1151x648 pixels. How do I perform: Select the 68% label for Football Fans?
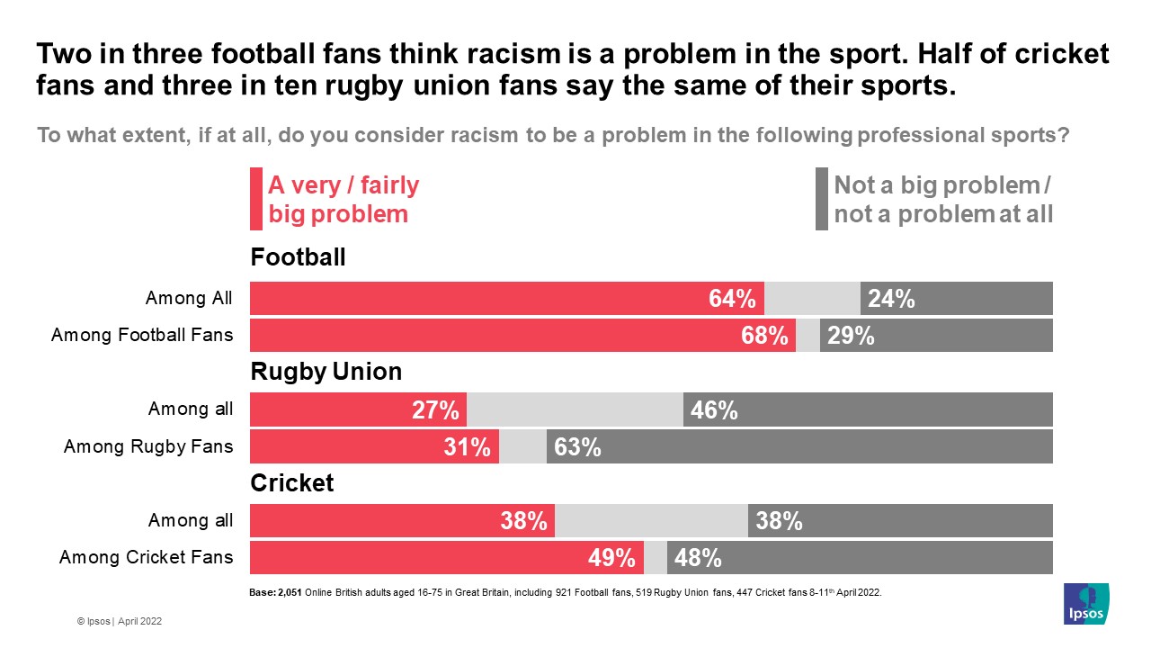pos(765,336)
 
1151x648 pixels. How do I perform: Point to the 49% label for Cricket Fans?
pos(612,558)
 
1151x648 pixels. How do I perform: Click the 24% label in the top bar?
pos(891,299)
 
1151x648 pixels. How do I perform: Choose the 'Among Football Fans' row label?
pos(142,336)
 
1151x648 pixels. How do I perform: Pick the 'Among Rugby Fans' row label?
pos(148,446)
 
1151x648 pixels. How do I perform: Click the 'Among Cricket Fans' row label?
pos(146,558)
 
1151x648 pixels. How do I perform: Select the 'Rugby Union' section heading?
pos(326,371)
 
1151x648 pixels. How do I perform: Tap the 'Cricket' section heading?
pos(291,483)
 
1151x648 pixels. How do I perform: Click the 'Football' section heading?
pos(298,257)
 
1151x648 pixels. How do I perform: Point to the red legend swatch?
pos(256,199)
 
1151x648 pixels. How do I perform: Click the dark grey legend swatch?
pos(821,199)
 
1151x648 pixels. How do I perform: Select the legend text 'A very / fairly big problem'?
pos(344,200)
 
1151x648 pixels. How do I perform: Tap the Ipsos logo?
pos(1085,603)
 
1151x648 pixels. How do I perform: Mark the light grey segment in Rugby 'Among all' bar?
pos(575,409)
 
